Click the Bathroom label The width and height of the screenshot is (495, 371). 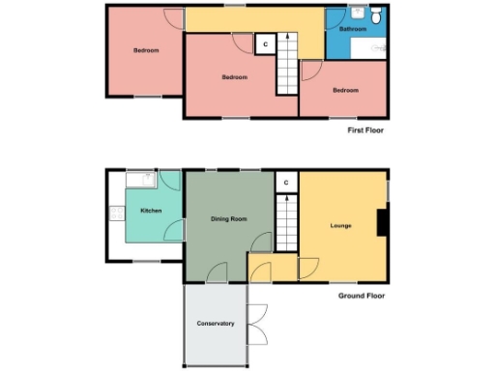[352, 30]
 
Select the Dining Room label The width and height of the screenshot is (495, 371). [228, 219]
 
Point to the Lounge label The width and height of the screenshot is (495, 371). [340, 226]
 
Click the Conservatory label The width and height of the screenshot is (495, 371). [215, 324]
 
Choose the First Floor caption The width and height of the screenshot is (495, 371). [365, 128]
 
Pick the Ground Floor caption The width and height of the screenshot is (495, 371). [363, 296]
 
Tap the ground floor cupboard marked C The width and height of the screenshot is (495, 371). [286, 182]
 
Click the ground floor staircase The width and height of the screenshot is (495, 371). [286, 223]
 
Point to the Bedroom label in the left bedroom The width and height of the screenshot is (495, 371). [146, 50]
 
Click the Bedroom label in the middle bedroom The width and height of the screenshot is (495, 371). [234, 77]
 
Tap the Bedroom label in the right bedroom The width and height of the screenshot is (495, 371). [345, 91]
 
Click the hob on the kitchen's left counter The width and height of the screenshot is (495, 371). [117, 214]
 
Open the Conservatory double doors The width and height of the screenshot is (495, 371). [256, 323]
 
